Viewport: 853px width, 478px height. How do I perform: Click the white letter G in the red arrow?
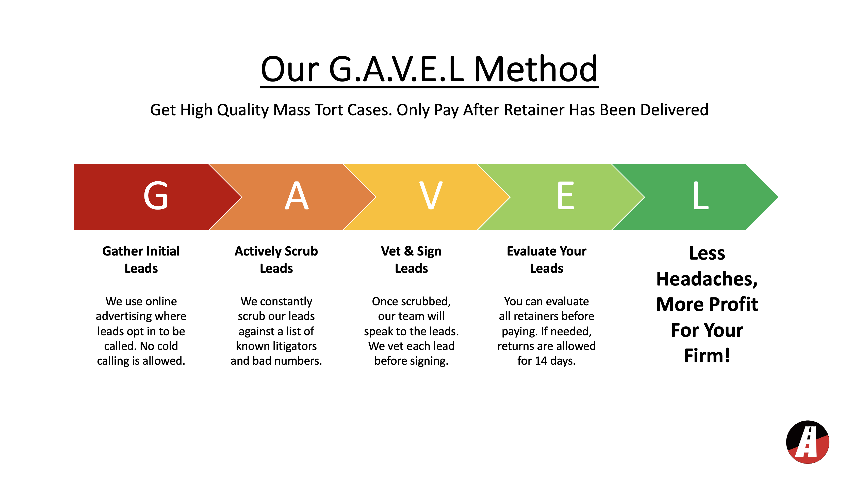click(x=156, y=196)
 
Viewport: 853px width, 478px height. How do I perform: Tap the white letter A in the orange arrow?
click(x=297, y=196)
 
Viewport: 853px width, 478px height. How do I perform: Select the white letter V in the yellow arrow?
click(x=431, y=196)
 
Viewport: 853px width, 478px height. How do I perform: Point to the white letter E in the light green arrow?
click(x=566, y=196)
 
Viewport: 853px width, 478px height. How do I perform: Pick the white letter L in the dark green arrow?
click(x=701, y=196)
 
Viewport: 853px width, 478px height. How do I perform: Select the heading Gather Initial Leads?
click(x=141, y=260)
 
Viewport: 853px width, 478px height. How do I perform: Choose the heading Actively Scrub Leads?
click(x=276, y=260)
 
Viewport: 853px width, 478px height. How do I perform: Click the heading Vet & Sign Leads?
click(x=411, y=260)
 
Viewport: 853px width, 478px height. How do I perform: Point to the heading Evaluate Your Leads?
click(x=547, y=260)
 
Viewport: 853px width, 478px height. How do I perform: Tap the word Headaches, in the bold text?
click(x=707, y=279)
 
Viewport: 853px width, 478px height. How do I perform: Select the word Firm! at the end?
click(x=707, y=356)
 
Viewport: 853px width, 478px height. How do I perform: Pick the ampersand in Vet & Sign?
click(x=409, y=251)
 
